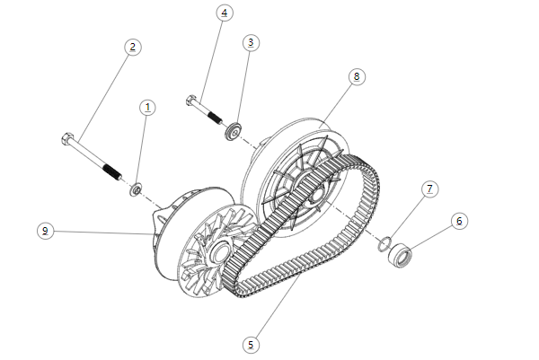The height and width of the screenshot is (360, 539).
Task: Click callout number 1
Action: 148,107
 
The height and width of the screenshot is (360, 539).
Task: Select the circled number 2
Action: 132,47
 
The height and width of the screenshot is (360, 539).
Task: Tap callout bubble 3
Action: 251,42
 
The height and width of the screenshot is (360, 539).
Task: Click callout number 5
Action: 251,344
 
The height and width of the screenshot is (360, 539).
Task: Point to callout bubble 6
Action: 459,220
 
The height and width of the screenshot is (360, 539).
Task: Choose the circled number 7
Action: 430,189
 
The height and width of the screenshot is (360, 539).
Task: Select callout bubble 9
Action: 44,231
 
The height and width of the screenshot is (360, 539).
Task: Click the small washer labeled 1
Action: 137,189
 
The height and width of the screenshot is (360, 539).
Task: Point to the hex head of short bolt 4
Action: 190,100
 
